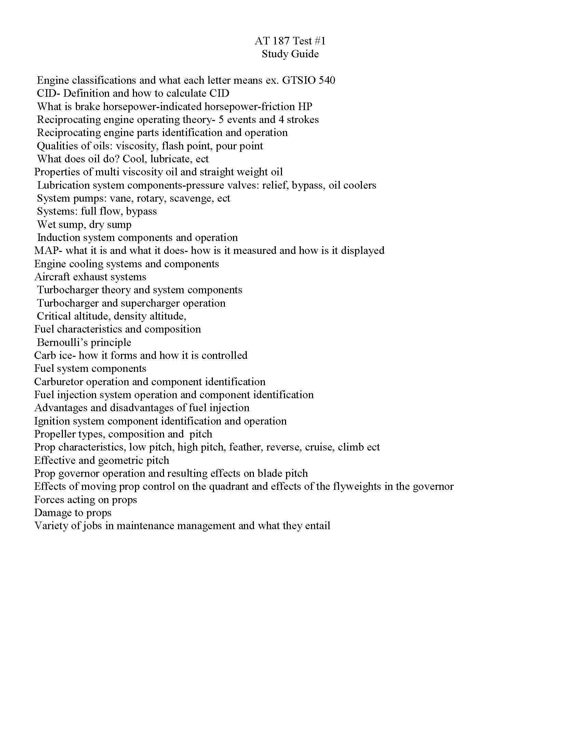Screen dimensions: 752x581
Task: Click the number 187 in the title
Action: [x=281, y=41]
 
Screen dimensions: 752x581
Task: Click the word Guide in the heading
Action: [x=305, y=54]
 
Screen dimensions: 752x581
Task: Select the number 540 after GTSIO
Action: [x=327, y=80]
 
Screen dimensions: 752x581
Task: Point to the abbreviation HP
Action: [x=305, y=107]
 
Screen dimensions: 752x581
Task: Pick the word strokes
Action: [x=302, y=120]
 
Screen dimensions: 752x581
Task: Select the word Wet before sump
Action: [x=47, y=225]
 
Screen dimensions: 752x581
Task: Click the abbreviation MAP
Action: [x=46, y=251]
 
